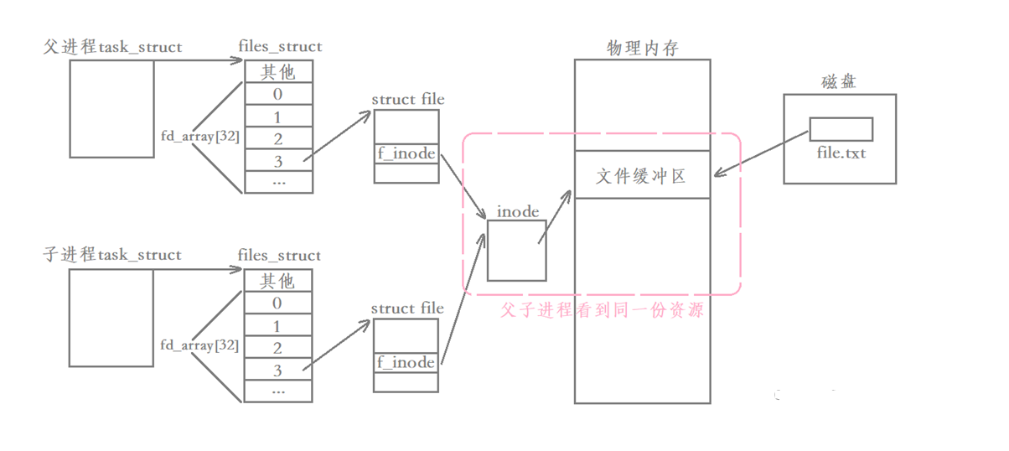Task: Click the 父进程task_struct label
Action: pyautogui.click(x=112, y=47)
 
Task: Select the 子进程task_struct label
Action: pyautogui.click(x=112, y=255)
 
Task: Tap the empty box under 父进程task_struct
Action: pyautogui.click(x=111, y=109)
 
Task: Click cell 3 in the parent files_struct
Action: pyautogui.click(x=278, y=159)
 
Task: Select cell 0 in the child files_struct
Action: pyautogui.click(x=278, y=303)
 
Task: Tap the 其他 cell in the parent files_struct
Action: pyautogui.click(x=278, y=71)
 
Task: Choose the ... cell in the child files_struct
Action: pyautogui.click(x=278, y=390)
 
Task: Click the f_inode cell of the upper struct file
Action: pyautogui.click(x=406, y=153)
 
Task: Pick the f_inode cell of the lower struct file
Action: pyautogui.click(x=406, y=362)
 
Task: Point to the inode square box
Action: pyautogui.click(x=516, y=250)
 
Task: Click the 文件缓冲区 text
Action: pyautogui.click(x=641, y=176)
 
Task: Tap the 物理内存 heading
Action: pyautogui.click(x=642, y=49)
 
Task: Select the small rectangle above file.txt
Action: pyautogui.click(x=841, y=129)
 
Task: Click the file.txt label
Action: pyautogui.click(x=841, y=154)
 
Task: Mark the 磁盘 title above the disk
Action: pyautogui.click(x=839, y=82)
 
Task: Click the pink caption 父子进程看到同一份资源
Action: pyautogui.click(x=601, y=310)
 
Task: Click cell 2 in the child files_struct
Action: pyautogui.click(x=278, y=347)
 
